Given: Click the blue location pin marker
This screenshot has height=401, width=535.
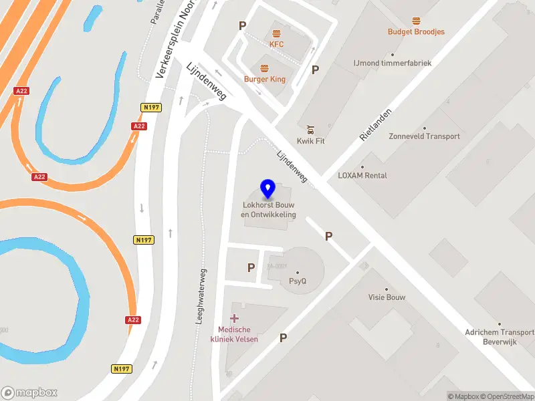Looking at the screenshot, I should click(267, 190).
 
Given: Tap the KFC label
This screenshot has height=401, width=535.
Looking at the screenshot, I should click(277, 44).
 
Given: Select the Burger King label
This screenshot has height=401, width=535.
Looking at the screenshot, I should click(264, 79).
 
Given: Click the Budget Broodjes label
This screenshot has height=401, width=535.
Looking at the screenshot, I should click(416, 31).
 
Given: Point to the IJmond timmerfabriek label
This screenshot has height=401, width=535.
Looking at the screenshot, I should click(393, 63).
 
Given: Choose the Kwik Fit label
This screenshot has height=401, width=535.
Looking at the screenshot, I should click(311, 141).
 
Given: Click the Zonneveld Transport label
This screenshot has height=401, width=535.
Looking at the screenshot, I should click(424, 136).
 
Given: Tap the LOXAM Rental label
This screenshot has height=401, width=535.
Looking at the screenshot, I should click(362, 176).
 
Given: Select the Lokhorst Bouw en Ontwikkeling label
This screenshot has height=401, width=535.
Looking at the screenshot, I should click(268, 209).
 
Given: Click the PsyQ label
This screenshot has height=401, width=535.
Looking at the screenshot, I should click(298, 281).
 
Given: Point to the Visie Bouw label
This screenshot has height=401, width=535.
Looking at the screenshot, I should click(387, 297).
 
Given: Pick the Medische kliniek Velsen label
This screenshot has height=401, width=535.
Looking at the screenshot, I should click(234, 334).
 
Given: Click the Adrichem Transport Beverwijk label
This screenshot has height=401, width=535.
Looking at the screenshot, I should click(500, 336).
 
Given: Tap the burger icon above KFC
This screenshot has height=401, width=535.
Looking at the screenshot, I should click(276, 33).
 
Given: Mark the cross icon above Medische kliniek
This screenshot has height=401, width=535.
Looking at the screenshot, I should click(234, 319).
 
